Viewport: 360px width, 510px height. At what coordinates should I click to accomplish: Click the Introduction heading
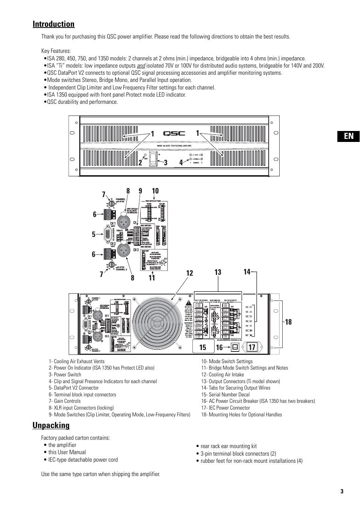(54, 24)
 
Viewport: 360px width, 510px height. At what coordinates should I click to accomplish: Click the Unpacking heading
(51, 425)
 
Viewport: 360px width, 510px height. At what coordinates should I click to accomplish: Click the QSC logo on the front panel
(174, 133)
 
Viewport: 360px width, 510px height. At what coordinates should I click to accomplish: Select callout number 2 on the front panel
(140, 163)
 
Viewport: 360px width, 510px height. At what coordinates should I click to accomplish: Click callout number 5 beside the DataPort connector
(94, 234)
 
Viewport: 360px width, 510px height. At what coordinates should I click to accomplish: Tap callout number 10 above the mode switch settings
(155, 191)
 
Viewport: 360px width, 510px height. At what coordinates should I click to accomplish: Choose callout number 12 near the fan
(189, 273)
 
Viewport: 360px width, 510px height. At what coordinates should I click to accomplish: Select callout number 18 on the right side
(288, 322)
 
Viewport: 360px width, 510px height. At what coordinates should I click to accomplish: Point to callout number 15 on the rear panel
(203, 347)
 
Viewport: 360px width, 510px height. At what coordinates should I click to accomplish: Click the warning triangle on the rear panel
(188, 303)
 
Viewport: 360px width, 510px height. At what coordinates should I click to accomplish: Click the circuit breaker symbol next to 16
(235, 347)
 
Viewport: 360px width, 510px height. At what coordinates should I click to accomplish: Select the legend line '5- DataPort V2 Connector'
(74, 388)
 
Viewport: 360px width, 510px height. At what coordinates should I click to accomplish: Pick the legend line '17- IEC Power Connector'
(225, 408)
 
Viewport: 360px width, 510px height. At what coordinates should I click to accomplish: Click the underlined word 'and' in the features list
(141, 66)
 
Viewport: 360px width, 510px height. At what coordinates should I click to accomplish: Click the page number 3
(342, 492)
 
